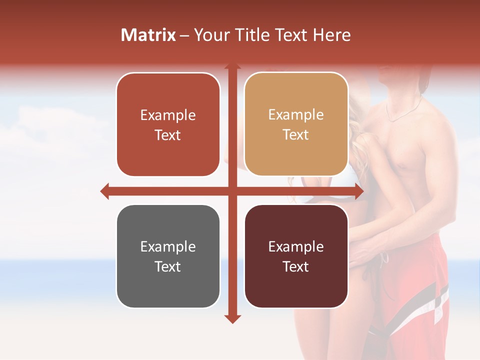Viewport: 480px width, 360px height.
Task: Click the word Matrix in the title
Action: click(148, 35)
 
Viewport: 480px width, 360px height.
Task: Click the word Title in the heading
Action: click(256, 35)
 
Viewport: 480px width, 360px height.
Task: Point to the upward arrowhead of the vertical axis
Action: click(232, 66)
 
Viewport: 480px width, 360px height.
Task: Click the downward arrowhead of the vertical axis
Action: click(232, 318)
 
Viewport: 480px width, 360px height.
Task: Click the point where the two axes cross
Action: click(232, 191)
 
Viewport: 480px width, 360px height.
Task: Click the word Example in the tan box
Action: click(296, 115)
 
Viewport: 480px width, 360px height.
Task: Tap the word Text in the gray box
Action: click(167, 266)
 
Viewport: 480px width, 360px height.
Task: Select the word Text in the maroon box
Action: click(296, 266)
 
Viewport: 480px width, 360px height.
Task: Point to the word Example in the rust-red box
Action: click(168, 115)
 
